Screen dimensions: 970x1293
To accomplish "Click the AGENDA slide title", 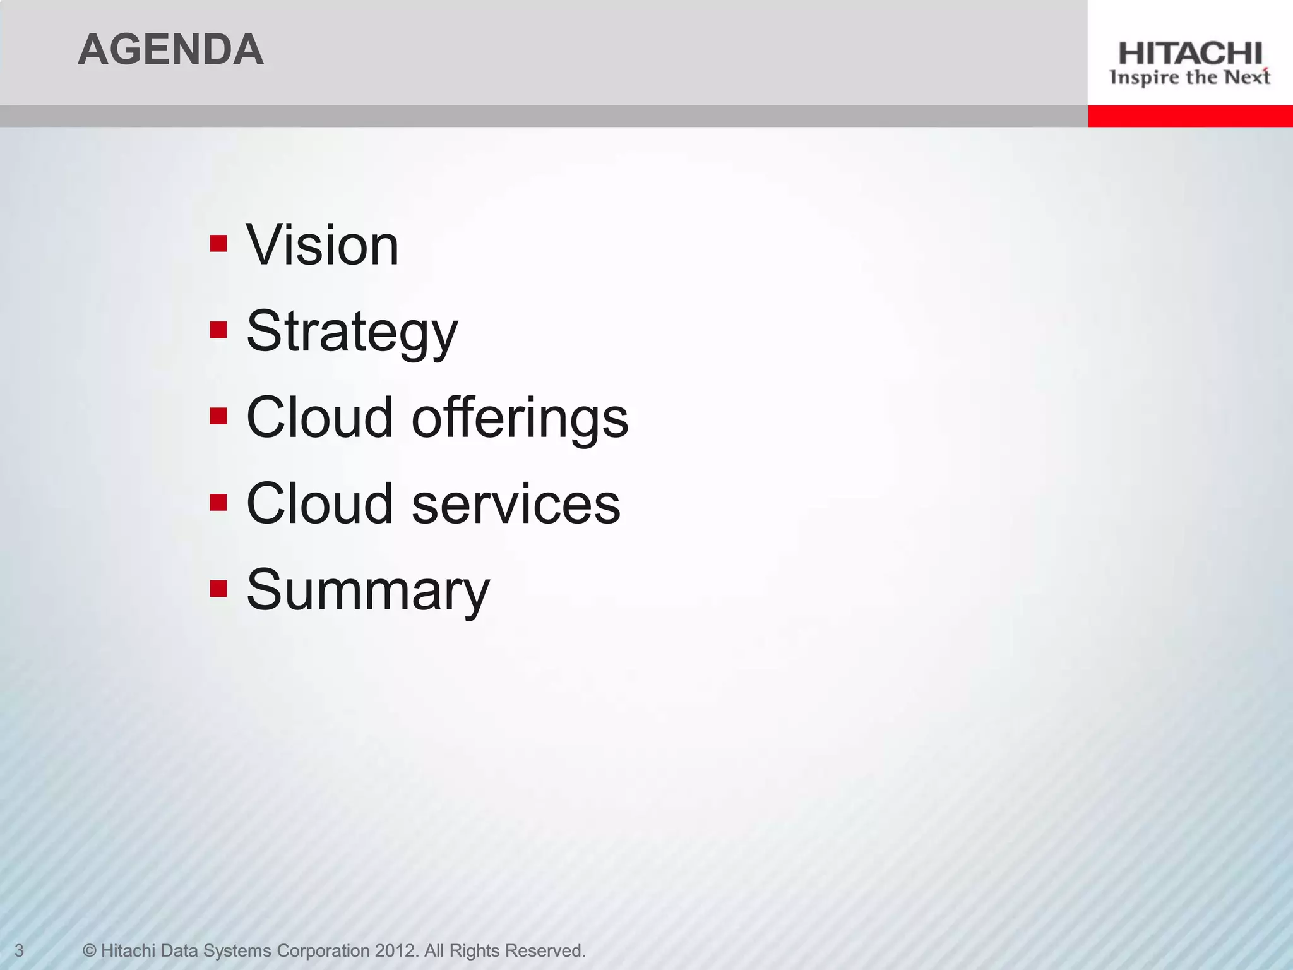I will pyautogui.click(x=170, y=50).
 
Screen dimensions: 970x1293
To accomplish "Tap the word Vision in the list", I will pyautogui.click(x=323, y=245).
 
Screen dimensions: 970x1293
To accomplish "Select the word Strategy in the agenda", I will pyautogui.click(x=352, y=332).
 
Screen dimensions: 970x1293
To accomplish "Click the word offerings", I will pyautogui.click(x=520, y=418).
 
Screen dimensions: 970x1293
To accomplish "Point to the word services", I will pyautogui.click(x=516, y=504).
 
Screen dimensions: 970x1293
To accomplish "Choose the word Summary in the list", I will pyautogui.click(x=367, y=590).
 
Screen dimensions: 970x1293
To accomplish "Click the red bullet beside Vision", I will pyautogui.click(x=218, y=244).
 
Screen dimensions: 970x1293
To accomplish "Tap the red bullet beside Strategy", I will pyautogui.click(x=218, y=330).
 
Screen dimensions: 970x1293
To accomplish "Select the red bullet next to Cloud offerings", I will pyautogui.click(x=218, y=416).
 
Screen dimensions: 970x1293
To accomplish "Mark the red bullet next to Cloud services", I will pyautogui.click(x=218, y=502).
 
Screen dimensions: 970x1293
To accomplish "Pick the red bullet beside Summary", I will pyautogui.click(x=218, y=589).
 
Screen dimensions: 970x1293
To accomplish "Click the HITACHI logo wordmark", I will pyautogui.click(x=1190, y=54).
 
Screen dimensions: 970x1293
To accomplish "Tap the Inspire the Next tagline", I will pyautogui.click(x=1190, y=78).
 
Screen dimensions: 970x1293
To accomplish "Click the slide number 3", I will pyautogui.click(x=19, y=950).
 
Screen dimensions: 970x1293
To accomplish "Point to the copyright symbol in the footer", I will pyautogui.click(x=90, y=950).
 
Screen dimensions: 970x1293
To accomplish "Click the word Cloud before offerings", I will pyautogui.click(x=319, y=418).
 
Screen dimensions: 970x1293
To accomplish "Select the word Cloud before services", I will pyautogui.click(x=319, y=504).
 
